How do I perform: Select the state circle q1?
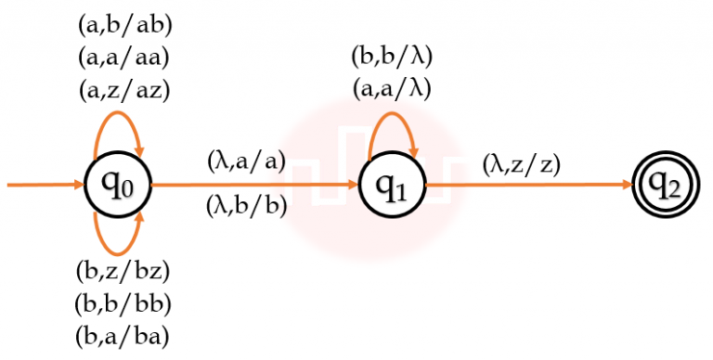coord(392,186)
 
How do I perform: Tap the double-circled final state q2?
coord(662,186)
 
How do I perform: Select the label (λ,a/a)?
coord(246,161)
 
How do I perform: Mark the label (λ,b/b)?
coord(246,207)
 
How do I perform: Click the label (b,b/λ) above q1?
coord(392,56)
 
